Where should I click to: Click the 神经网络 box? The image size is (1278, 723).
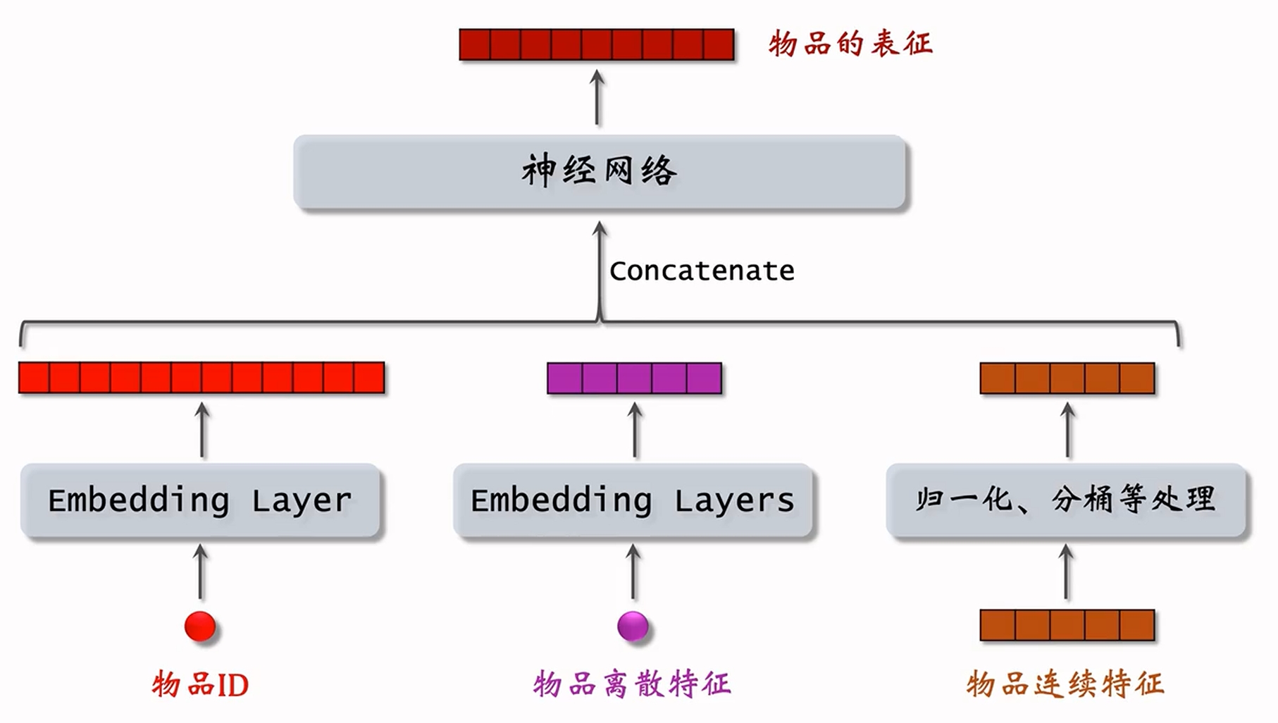600,171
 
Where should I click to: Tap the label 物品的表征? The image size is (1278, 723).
850,44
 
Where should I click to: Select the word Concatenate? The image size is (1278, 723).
702,271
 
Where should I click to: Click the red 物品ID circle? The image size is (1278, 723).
200,626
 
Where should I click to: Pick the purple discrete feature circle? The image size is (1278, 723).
633,626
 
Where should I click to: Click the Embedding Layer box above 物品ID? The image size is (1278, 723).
200,500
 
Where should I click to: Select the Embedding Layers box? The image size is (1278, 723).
633,500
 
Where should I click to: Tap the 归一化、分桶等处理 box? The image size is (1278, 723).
1065,500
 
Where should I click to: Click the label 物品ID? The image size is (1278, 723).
200,684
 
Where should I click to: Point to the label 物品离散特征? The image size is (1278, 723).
633,684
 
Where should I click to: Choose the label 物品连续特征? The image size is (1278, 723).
1065,684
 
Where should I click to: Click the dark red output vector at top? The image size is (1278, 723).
597,44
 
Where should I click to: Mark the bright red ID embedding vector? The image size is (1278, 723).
201,378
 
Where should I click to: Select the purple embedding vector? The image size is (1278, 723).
635,378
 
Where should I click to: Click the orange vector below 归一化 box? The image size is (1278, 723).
1067,625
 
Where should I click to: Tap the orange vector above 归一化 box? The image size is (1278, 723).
1067,378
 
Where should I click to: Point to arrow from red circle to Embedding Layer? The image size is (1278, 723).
201,571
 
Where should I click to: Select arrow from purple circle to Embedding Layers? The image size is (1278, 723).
633,571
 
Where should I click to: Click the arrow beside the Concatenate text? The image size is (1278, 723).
600,271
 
